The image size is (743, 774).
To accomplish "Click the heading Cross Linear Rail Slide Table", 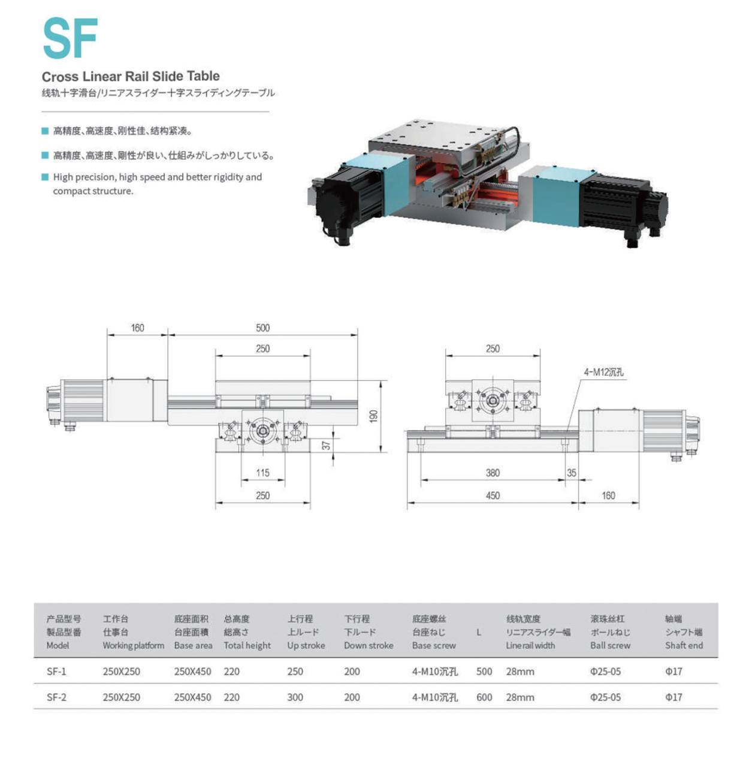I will click(x=131, y=76).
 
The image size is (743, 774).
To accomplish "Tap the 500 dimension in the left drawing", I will click(x=262, y=328).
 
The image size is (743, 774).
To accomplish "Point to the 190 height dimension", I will click(x=374, y=416).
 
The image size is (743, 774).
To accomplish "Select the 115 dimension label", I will click(x=262, y=473).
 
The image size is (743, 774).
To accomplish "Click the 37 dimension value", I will click(x=327, y=445).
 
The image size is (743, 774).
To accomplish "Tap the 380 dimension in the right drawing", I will click(x=493, y=473).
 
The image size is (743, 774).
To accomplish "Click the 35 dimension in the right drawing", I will click(x=572, y=473).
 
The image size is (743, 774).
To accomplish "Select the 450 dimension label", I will click(x=493, y=495).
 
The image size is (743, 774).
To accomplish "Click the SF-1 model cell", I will click(x=56, y=672).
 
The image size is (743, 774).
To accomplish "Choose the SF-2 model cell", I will click(x=56, y=697).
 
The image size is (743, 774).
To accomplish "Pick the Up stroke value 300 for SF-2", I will click(x=295, y=697).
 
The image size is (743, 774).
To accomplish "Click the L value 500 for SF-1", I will click(x=484, y=672).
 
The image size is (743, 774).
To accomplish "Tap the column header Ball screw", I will click(x=610, y=645).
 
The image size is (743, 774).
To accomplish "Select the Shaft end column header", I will click(x=684, y=645).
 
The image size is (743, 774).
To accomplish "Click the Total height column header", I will click(x=247, y=645).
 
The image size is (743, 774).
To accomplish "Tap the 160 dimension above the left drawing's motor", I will click(x=137, y=328).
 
